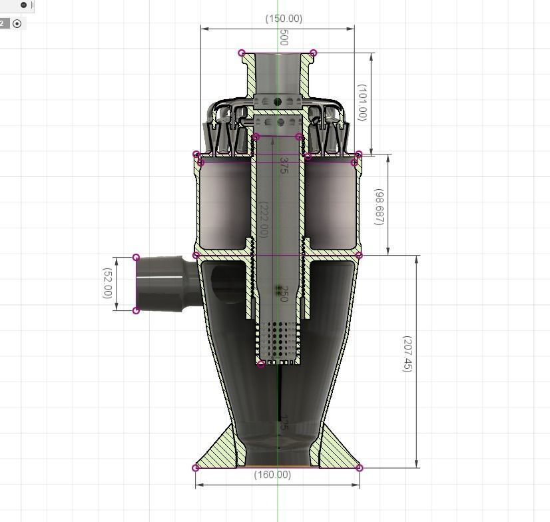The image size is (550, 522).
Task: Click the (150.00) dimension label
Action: coord(284,19)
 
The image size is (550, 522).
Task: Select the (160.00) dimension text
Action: coord(272,475)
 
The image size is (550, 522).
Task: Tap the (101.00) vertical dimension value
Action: coord(362,102)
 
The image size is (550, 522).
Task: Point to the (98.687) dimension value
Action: coord(379,206)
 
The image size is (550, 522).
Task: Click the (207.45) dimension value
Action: coord(408,354)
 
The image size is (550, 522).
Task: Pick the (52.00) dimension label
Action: coord(107,283)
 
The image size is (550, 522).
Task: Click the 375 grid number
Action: coord(284,166)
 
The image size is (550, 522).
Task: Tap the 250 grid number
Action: coord(283,294)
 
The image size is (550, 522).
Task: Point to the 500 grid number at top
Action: coord(284,37)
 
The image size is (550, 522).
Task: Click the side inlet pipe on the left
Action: coord(163,283)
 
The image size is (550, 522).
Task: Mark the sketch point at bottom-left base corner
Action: coord(196,468)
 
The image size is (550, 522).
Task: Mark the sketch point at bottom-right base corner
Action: coord(360,468)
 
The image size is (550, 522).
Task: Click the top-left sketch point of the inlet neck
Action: coord(242,53)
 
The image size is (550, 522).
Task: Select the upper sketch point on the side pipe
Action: coord(137,258)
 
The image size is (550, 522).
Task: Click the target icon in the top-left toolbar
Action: coord(17,23)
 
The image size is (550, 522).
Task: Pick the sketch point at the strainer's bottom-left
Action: coord(260,364)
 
